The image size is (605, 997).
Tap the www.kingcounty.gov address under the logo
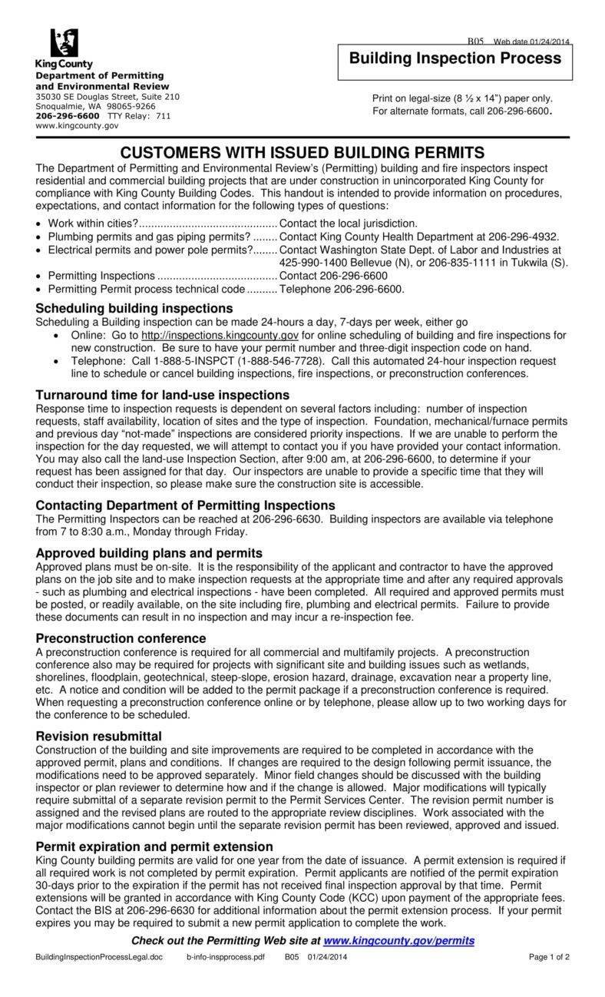pos(77,125)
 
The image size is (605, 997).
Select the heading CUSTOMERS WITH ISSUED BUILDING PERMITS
pos(302,152)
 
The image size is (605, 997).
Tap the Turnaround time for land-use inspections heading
pos(162,395)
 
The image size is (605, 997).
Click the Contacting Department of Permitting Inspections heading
pos(185,505)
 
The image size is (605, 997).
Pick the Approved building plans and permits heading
pos(149,553)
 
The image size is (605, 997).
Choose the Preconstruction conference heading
pos(121,638)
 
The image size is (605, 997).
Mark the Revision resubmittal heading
pos(98,736)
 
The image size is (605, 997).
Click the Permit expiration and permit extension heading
pos(154,846)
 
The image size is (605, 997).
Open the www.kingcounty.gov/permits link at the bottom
pos(398,941)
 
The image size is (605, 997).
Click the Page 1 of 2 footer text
pos(549,957)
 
